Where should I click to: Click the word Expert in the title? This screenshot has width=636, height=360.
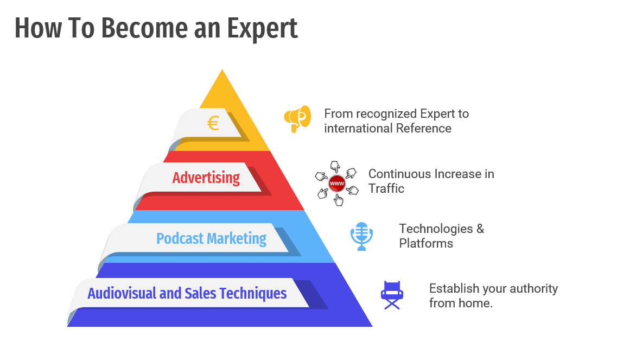(x=262, y=28)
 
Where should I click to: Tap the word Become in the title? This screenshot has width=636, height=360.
(x=144, y=28)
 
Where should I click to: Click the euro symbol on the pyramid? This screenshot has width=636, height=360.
(x=213, y=123)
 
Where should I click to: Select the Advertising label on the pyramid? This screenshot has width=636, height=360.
(x=206, y=178)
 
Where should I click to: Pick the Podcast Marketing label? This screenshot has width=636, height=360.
(x=211, y=238)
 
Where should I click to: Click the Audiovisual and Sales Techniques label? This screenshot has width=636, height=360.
(x=187, y=293)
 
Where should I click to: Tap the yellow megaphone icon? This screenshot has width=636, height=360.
(x=297, y=119)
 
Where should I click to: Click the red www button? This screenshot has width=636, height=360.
(x=336, y=184)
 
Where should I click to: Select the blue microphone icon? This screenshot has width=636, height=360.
(x=361, y=236)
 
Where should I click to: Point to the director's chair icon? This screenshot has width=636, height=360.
(x=392, y=295)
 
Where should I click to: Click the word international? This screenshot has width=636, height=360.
(x=359, y=128)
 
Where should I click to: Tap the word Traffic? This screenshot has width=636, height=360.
(x=386, y=188)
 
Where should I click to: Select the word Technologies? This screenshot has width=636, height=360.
(x=436, y=229)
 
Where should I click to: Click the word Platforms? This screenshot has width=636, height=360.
(x=426, y=243)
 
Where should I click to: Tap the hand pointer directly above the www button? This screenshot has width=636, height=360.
(x=335, y=166)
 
